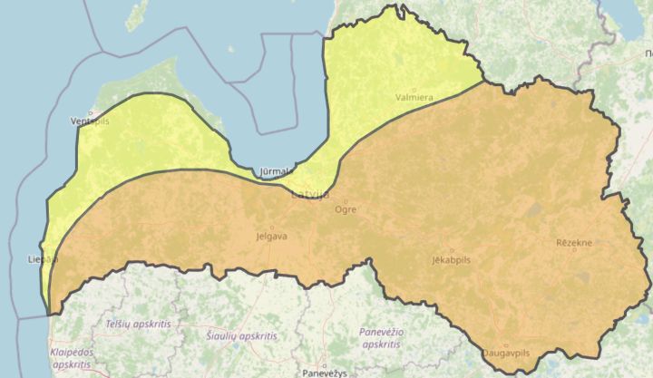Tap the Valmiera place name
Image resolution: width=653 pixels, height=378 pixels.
pyautogui.click(x=414, y=97)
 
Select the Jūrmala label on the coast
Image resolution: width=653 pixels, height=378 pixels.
pyautogui.click(x=274, y=170)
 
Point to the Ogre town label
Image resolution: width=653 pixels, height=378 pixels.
pyautogui.click(x=346, y=209)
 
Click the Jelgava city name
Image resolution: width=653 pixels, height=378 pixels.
pyautogui.click(x=272, y=237)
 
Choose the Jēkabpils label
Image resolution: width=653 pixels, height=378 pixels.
pyautogui.click(x=452, y=260)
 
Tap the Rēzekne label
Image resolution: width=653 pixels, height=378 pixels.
pyautogui.click(x=574, y=243)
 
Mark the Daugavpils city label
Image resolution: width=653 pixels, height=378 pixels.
pyautogui.click(x=506, y=352)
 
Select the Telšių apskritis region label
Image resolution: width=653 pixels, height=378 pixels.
pyautogui.click(x=138, y=324)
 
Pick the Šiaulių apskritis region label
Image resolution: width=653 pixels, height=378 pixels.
pyautogui.click(x=241, y=335)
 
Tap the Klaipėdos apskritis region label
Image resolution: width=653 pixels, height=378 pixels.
pyautogui.click(x=76, y=359)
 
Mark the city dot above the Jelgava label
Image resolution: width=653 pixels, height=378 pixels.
pyautogui.click(x=271, y=227)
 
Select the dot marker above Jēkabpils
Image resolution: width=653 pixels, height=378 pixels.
pyautogui.click(x=452, y=250)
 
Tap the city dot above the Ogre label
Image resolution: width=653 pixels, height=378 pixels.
pyautogui.click(x=346, y=200)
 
